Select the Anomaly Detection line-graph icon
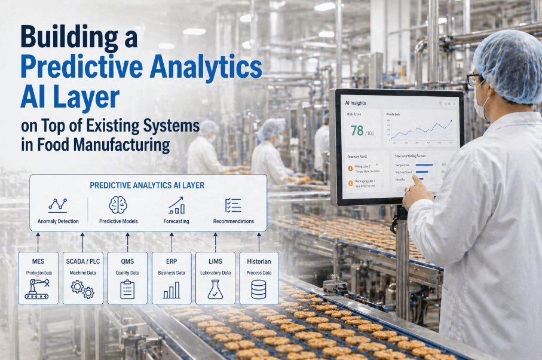click(x=58, y=205)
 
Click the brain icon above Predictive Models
click(x=118, y=205)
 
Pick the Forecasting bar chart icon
click(x=176, y=205)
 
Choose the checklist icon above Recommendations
click(x=233, y=205)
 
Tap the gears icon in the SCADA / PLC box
click(x=82, y=289)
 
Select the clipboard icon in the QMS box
click(x=127, y=289)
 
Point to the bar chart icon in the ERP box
click(x=172, y=290)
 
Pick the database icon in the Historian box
click(x=259, y=289)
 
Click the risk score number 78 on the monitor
click(x=357, y=130)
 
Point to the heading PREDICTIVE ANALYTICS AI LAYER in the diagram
click(x=147, y=185)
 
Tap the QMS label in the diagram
click(x=127, y=261)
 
